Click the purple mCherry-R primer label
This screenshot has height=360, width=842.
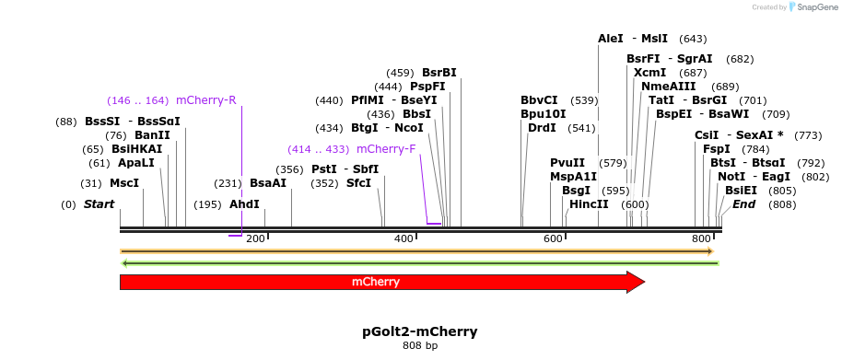tap(205, 100)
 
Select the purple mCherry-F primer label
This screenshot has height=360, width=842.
tap(385, 149)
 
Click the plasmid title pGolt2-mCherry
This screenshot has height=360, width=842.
tap(420, 331)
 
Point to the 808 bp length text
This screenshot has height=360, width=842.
tap(420, 346)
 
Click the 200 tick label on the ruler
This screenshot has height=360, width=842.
tap(255, 239)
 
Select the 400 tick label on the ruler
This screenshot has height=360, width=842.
tap(403, 239)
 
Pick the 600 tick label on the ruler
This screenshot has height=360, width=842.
tap(553, 239)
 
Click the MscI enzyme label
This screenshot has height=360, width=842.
tap(124, 183)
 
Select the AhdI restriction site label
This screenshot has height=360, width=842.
tap(244, 204)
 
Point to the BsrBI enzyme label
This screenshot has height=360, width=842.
tap(439, 72)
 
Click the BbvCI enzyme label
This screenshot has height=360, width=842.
tap(539, 100)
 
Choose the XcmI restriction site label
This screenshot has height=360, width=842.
tap(649, 72)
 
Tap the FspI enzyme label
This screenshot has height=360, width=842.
tap(716, 149)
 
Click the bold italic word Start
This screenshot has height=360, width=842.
tap(99, 203)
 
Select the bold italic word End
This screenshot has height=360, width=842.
tap(743, 203)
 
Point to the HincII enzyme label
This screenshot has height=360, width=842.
tap(589, 203)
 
